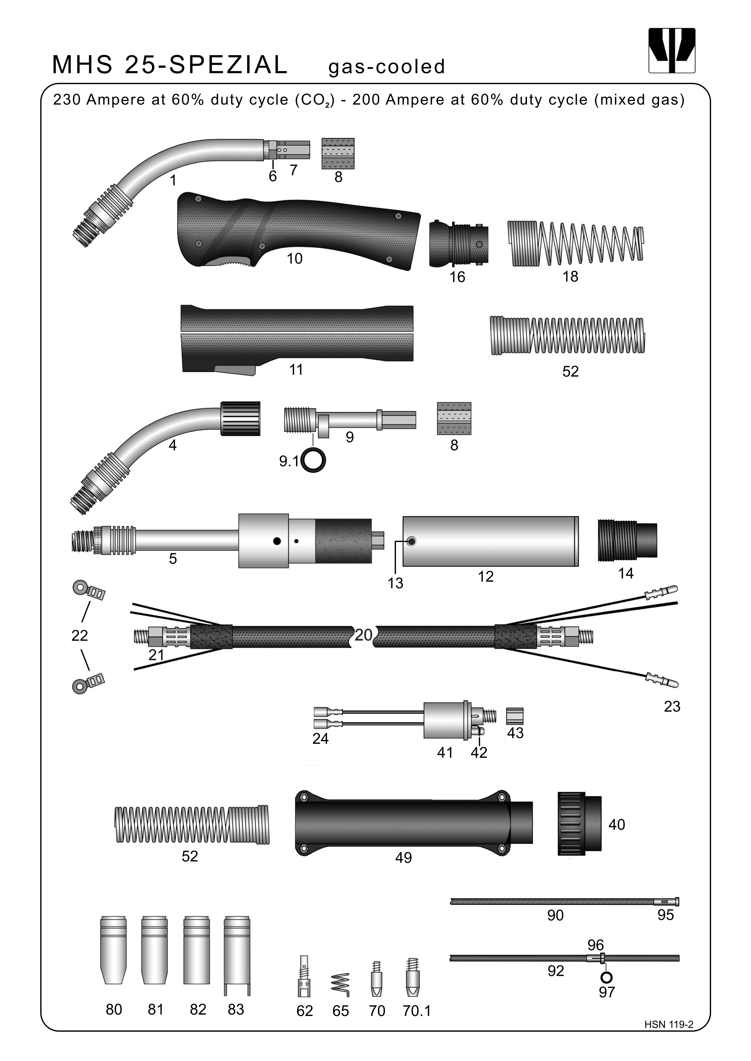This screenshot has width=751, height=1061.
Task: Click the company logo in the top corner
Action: click(x=671, y=51)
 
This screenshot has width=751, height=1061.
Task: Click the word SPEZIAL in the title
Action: click(x=229, y=65)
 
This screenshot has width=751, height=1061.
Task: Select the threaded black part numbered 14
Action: click(x=627, y=540)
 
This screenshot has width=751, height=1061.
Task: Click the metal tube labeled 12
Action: click(x=490, y=541)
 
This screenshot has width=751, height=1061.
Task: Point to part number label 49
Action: click(x=403, y=858)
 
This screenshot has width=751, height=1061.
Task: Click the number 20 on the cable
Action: click(x=364, y=635)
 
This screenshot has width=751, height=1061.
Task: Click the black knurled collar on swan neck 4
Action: click(x=240, y=418)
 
